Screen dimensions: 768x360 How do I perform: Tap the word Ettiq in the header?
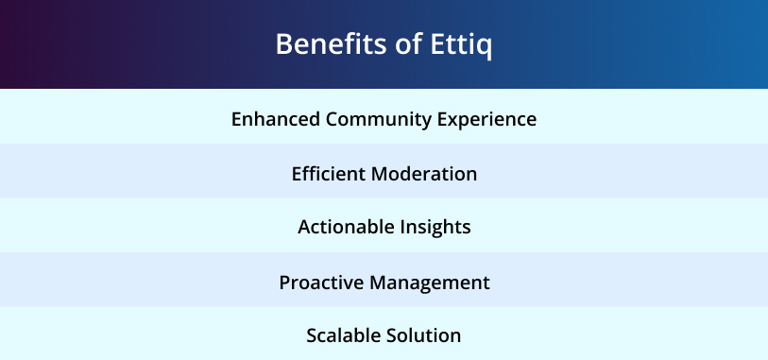(461, 45)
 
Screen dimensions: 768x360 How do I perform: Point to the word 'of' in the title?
(408, 44)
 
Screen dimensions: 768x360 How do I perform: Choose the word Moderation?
(423, 174)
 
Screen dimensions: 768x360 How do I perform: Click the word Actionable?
(346, 227)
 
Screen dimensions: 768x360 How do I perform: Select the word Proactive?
(321, 283)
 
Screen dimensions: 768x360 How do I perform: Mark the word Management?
(430, 283)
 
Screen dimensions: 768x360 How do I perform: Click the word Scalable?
(343, 335)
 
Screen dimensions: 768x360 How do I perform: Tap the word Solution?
(423, 335)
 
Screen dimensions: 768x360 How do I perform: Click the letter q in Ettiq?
(485, 48)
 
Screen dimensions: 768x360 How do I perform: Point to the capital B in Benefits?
(284, 44)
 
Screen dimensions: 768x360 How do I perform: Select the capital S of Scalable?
(312, 336)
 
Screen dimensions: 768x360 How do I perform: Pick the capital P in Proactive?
(285, 283)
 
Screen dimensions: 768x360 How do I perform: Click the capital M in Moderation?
(379, 174)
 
